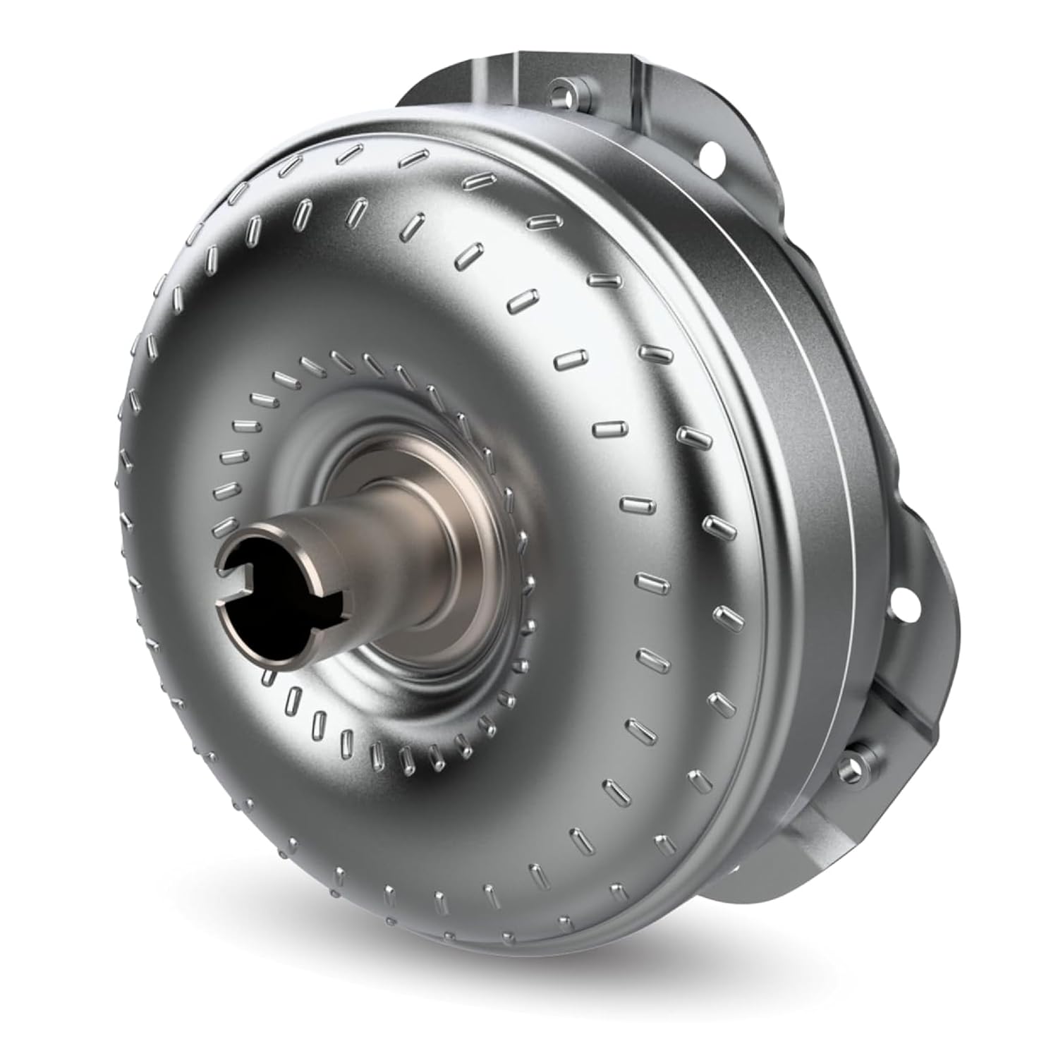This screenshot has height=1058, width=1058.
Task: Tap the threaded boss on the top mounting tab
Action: click(561, 91)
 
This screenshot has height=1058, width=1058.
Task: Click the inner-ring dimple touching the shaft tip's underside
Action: click(268, 677)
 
